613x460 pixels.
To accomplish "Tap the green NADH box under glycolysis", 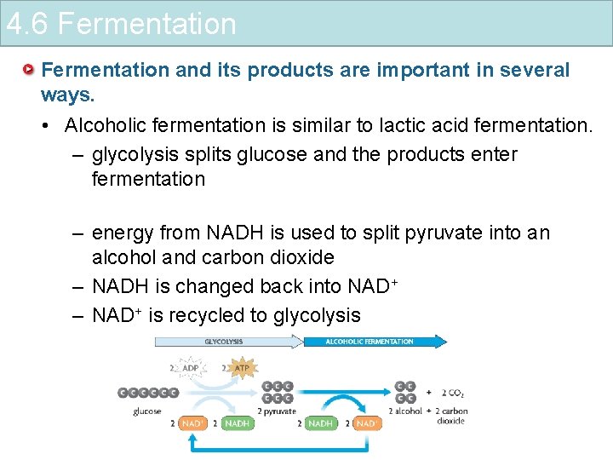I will pyautogui.click(x=238, y=423).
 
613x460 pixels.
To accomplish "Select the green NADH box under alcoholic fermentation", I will pyautogui.click(x=320, y=423).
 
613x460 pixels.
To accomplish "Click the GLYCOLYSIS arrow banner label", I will pyautogui.click(x=224, y=342).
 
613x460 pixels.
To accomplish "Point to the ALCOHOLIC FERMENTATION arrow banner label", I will pyautogui.click(x=370, y=342).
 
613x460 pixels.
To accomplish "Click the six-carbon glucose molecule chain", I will pyautogui.click(x=148, y=393).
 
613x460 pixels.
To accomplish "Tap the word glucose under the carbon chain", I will pyautogui.click(x=147, y=411).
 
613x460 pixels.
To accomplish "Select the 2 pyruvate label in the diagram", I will pyautogui.click(x=278, y=411).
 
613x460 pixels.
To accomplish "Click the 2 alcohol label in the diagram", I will pyautogui.click(x=405, y=411).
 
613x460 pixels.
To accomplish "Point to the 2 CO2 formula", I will pyautogui.click(x=452, y=393).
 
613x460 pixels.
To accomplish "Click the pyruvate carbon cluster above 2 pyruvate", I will pyautogui.click(x=278, y=391).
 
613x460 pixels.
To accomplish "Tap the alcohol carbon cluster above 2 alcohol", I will pyautogui.click(x=406, y=391).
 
